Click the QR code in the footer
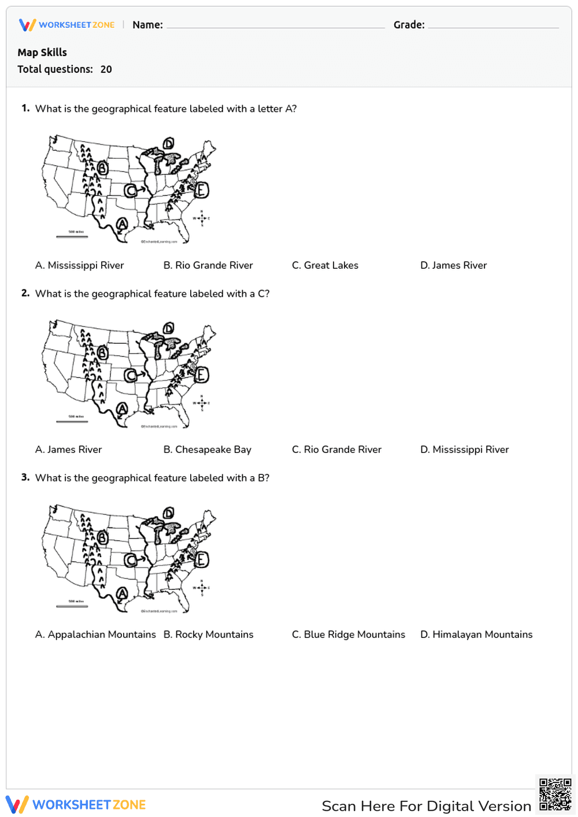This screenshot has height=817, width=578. tap(555, 794)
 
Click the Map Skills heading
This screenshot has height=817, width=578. tap(42, 53)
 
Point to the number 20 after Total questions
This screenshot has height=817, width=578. tap(106, 69)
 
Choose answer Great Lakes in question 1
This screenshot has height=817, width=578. tap(325, 265)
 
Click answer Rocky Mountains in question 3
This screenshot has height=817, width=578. tap(208, 634)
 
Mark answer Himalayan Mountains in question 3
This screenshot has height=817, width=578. tap(476, 634)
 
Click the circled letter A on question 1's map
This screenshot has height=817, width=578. tap(122, 224)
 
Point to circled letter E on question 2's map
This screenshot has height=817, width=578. tap(201, 375)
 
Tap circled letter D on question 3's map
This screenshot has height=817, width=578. tap(168, 513)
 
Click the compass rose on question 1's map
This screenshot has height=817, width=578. tap(201, 218)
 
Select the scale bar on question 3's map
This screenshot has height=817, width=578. tap(72, 606)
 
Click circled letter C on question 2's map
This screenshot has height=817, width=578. tap(131, 376)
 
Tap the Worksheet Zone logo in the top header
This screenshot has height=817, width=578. tap(66, 25)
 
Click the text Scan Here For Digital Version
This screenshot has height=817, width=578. tap(426, 806)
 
